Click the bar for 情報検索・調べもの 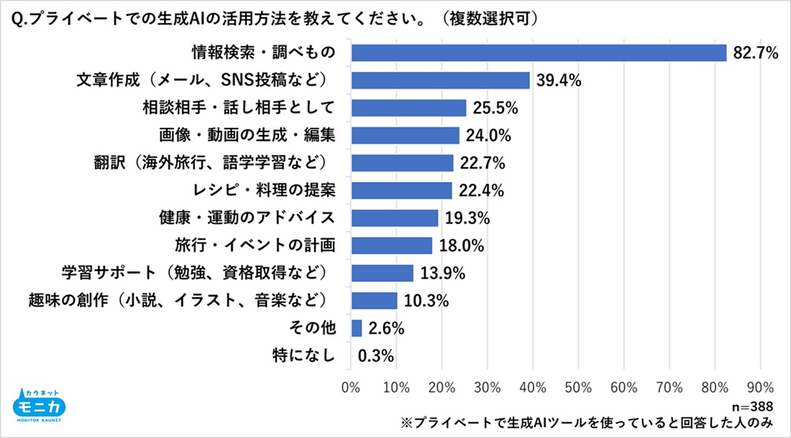pos(539,53)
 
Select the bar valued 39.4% pos(440,80)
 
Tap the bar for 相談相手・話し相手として pos(408,108)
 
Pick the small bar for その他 pos(356,328)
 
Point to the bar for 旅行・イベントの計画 pos(391,246)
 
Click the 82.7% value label pos(756,53)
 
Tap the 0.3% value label pos(376,356)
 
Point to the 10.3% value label pos(425,301)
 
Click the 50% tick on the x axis pos(578,387)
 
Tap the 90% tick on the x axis pos(760,387)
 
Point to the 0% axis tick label pos(350,387)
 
